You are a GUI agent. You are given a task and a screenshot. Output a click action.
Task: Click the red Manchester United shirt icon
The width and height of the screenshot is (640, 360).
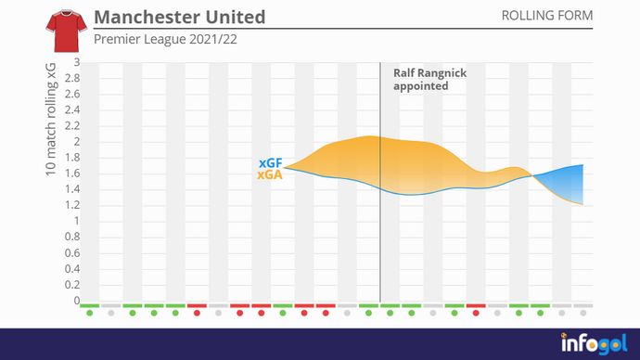tap(63, 32)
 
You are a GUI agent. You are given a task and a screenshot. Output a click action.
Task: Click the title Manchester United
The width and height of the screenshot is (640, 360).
tap(179, 18)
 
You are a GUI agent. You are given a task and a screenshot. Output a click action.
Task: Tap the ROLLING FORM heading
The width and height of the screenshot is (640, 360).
tap(546, 17)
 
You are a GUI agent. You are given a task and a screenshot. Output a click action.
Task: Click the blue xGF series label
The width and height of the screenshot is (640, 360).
tap(270, 163)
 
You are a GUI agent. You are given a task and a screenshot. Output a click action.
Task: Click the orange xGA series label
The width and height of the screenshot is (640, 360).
tap(270, 174)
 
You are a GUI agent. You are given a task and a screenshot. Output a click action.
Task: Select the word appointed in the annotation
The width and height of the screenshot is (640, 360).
tap(421, 86)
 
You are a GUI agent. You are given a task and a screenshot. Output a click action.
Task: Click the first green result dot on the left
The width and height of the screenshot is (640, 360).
tap(89, 313)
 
